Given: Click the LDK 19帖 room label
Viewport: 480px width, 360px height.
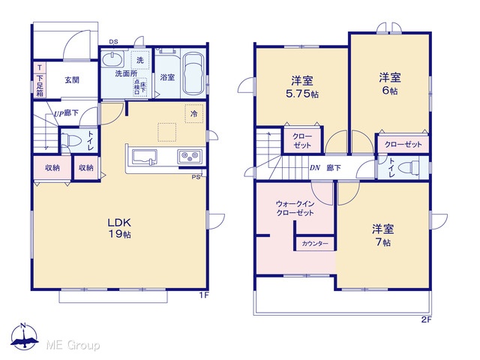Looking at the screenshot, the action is pos(119,228).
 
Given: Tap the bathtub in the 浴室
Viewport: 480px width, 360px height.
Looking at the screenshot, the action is pos(193,74).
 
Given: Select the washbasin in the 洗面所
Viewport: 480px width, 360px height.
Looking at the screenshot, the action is pos(112,59).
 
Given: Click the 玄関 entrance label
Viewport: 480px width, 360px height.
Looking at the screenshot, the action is pos(72,80).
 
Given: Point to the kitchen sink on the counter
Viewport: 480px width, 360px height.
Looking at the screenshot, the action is pos(145,157).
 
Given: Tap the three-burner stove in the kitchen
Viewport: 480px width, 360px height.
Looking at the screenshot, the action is pos(190,157).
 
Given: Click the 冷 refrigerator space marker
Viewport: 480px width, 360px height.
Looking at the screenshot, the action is pos(194,114).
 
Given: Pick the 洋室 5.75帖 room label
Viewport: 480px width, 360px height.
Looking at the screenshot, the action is pos(302,87).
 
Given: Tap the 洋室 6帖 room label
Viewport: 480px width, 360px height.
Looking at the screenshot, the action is pos(390,83).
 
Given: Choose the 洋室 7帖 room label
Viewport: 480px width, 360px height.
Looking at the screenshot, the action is pos(383,235).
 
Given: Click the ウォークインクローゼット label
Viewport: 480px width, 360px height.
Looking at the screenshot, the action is pos(295,208).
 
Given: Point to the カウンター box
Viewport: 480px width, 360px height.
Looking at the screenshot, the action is pos(315,244).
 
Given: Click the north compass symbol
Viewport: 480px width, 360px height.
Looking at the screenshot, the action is pos(24,336).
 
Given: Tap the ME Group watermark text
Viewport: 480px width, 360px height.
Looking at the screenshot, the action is pos(73,346).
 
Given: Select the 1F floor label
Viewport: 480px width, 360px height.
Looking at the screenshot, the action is pos(204,295).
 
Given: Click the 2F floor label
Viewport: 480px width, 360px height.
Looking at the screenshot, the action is pos(427,320).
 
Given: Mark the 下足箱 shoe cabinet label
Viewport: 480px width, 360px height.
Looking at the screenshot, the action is pos(40,85).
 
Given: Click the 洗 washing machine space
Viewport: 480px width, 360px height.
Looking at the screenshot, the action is pos(140,60).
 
